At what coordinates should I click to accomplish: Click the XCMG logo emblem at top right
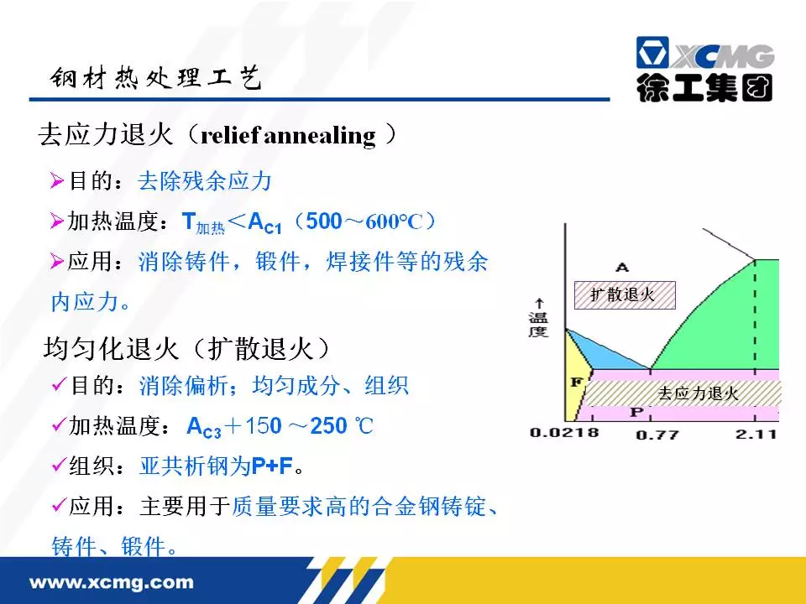pos(652,52)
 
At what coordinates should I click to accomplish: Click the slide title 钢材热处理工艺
pos(156,78)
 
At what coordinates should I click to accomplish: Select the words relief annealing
pos(288,136)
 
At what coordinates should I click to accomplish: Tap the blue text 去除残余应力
pos(204,181)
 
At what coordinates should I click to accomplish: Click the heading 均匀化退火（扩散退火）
pos(186,349)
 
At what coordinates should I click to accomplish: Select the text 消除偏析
pos(184,386)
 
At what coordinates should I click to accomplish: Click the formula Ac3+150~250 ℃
pos(280,426)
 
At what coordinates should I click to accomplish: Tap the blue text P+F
pos(272,466)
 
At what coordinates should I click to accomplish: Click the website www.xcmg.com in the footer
pos(112,582)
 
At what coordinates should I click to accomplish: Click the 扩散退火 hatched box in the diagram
pos(625,294)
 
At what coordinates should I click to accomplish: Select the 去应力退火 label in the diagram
pos(698,393)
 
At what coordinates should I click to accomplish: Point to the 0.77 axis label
pos(657,435)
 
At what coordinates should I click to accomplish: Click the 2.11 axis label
pos(756,434)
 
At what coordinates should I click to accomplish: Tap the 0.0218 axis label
pos(564,433)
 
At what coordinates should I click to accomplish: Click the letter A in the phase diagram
pos(622,267)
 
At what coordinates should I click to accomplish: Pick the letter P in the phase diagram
pos(636,412)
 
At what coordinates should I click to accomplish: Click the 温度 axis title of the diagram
pos(538,324)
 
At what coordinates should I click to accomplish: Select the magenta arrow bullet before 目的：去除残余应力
pos(56,181)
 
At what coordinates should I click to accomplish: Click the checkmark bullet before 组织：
pos(59,465)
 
